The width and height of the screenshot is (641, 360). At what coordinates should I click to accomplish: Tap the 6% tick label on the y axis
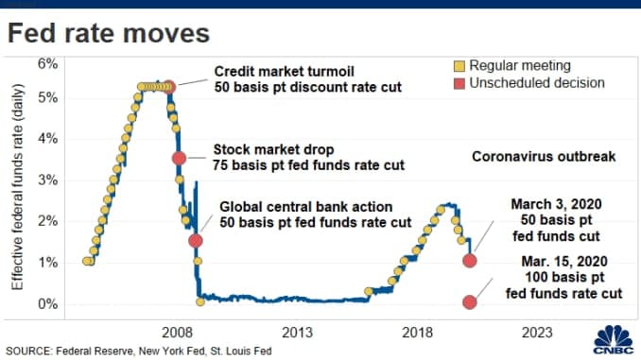pos(47,63)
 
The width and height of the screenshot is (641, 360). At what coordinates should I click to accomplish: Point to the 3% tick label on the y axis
pos(47,180)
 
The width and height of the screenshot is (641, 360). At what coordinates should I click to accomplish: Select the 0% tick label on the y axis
pos(47,303)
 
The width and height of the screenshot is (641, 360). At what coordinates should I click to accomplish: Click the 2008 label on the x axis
pos(178,332)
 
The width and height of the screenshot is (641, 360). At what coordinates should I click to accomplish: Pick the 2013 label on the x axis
pos(297,332)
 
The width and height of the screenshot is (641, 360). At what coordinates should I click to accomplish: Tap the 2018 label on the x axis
pos(417,332)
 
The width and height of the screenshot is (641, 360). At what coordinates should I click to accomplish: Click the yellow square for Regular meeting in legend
pos(461,65)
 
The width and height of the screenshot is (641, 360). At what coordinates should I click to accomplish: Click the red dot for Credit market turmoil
pos(169,87)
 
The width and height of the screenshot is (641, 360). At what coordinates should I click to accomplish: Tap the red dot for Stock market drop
pos(180,158)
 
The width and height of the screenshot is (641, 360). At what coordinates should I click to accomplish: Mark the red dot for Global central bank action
pos(196,240)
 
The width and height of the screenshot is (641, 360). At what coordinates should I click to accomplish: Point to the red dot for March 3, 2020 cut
pos(470,260)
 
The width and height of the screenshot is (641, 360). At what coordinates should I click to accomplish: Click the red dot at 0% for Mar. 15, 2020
pos(470,302)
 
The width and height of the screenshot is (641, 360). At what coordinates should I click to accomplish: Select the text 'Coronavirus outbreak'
pos(544,156)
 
